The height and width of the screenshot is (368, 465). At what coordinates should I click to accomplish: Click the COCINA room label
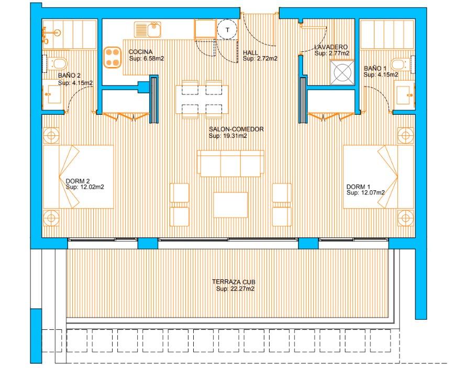coord(140,52)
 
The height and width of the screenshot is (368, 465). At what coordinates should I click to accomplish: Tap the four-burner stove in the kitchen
coord(113,57)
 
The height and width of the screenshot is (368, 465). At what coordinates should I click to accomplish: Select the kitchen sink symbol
coord(147,29)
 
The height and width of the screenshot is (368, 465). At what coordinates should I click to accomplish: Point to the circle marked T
coord(227,30)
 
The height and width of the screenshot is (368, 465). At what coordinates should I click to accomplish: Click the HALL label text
coord(251,52)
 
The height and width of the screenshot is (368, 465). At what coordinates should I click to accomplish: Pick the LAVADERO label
coord(331,47)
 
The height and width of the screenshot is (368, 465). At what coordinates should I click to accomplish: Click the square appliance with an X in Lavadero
coord(342,73)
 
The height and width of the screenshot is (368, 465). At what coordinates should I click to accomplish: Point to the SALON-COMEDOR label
coord(236,129)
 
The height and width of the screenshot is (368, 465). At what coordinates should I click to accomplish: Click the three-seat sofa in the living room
coord(230,163)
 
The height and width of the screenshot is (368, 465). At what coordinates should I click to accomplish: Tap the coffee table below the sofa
coord(230,205)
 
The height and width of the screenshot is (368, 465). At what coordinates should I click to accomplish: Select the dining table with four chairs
coord(202,100)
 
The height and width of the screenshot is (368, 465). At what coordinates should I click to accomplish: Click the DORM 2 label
coord(77,181)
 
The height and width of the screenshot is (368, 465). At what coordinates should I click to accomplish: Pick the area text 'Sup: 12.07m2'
coord(366,193)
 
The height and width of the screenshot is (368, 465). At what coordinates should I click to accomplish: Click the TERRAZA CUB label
coord(234,282)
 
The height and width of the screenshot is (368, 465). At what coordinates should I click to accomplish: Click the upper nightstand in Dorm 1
coord(405,136)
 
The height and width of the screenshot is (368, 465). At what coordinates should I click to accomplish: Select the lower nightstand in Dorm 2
coord(51,218)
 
